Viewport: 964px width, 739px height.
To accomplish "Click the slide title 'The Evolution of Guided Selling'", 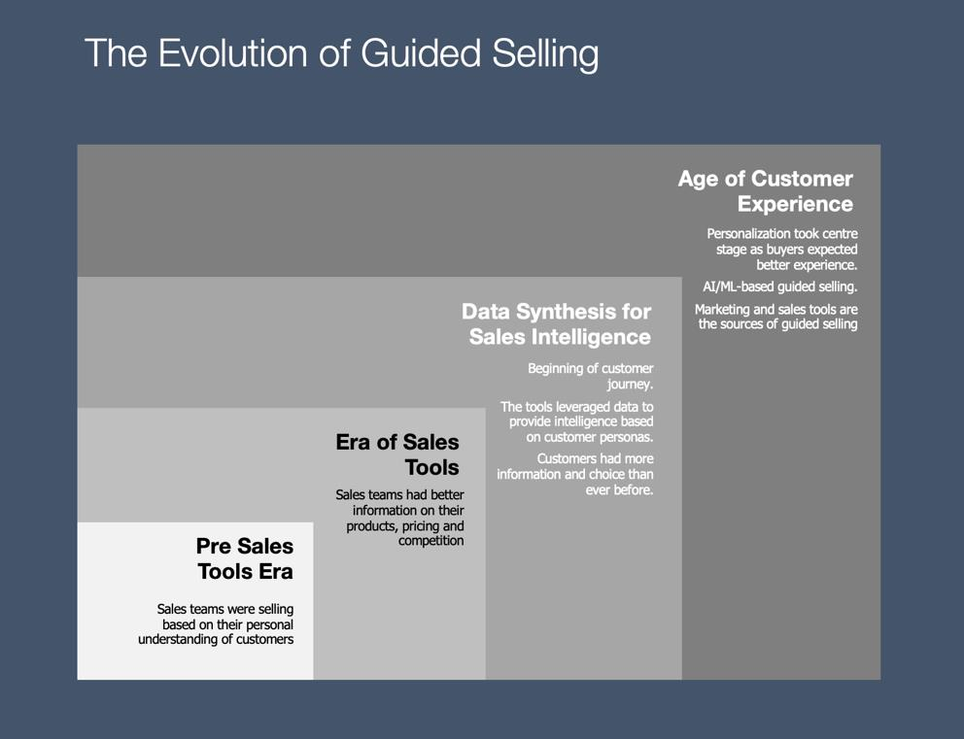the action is (341, 53).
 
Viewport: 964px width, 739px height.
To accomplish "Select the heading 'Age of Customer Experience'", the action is (766, 191).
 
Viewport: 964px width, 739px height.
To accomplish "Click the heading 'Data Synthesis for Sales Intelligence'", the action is (557, 323).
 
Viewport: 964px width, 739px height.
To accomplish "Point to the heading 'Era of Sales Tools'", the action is (397, 454).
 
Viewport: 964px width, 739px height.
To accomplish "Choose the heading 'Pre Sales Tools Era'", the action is (245, 558).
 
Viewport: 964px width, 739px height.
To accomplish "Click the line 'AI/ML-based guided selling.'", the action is (779, 286).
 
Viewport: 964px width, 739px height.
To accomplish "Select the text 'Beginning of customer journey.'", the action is (590, 376).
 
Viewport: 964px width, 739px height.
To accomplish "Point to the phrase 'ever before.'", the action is (619, 489).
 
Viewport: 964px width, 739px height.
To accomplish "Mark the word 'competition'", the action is (430, 541).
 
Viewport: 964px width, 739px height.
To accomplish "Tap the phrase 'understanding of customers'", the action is (216, 640).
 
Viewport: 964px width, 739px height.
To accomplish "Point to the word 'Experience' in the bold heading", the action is (796, 205).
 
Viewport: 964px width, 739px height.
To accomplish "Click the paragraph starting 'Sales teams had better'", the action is (399, 518).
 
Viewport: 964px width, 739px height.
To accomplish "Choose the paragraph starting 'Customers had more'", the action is (575, 474).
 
